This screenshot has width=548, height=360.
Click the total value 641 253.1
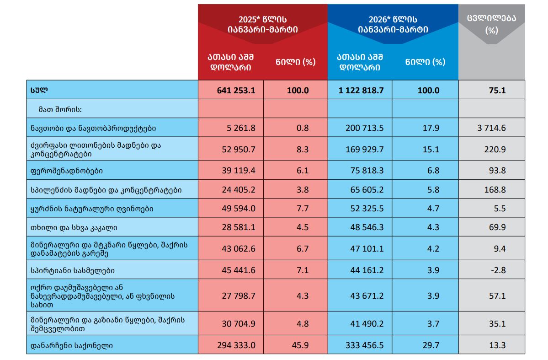[236, 91]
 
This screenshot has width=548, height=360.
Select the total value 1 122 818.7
[361, 91]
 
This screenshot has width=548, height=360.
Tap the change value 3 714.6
[491, 128]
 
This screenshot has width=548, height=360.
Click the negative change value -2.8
[497, 270]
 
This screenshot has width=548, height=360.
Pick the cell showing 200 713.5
[364, 128]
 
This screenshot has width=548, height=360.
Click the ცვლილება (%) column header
[491, 25]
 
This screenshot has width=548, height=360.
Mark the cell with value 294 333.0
[236, 345]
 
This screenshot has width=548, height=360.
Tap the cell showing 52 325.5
[364, 209]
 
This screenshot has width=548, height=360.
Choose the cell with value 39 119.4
[236, 171]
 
